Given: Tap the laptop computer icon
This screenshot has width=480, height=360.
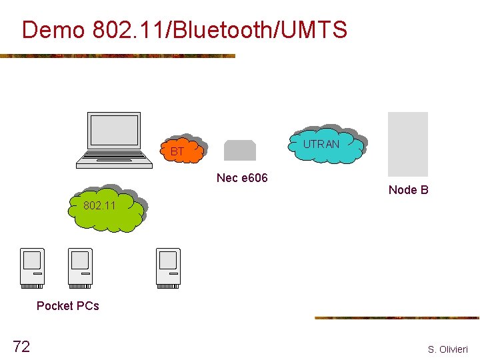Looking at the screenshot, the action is coord(115,139).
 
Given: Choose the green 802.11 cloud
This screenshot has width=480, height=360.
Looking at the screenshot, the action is coord(107,207).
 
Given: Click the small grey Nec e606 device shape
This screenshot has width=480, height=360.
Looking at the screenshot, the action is coord(240,151).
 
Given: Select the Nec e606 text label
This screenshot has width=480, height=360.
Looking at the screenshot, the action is coord(242,178).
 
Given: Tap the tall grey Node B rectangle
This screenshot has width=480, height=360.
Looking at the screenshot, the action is coord(408,144).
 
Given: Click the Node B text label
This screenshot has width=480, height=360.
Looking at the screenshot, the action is coord(408,190).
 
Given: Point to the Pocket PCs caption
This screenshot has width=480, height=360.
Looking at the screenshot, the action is coord(68,306).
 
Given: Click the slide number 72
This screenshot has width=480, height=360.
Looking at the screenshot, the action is coord(21,346).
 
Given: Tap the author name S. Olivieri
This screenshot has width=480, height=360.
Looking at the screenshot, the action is coord(448,349).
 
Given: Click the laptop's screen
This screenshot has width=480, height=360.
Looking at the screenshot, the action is coord(115,131).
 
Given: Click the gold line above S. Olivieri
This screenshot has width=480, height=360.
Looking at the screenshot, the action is coord(397,318).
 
